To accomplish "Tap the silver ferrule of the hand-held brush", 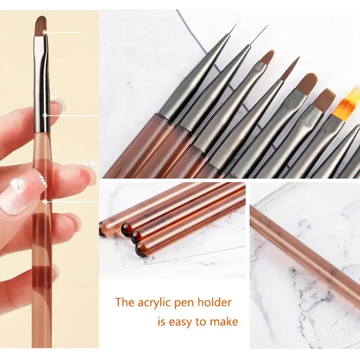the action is [42, 84].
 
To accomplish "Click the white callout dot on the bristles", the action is [45, 32].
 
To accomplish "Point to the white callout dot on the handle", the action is [45, 201].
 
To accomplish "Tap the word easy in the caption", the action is [181, 322].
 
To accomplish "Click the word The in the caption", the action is [125, 302].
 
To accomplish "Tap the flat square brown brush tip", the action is [324, 100].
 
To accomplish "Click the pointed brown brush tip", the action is [291, 68].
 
